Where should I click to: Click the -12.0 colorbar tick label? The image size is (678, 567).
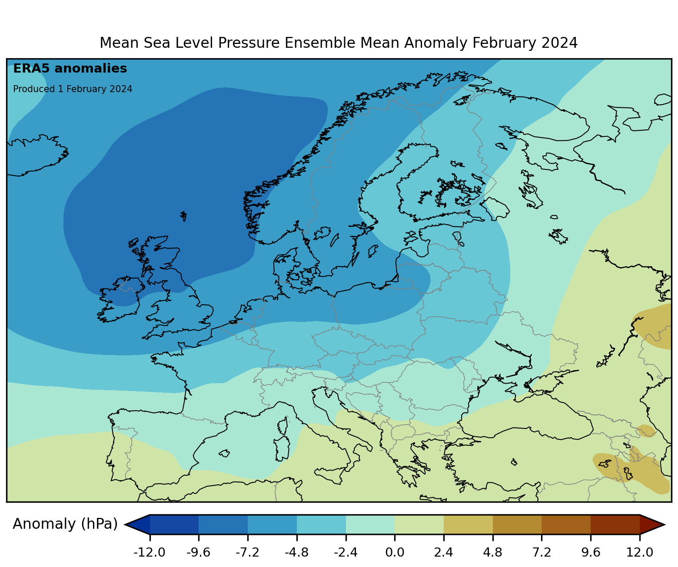coord(150,552)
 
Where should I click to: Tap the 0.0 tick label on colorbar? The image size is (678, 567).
coord(395,552)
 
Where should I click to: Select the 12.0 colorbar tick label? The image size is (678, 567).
coord(640,552)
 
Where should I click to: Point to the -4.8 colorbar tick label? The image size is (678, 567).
coord(296,552)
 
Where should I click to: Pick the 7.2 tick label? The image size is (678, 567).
coord(542,552)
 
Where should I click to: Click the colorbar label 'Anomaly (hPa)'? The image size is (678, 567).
coord(65,524)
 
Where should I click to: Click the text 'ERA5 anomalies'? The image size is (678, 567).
coord(70,69)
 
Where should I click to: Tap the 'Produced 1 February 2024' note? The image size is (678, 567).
coord(73,89)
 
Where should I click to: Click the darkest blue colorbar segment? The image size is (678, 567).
coord(174,524)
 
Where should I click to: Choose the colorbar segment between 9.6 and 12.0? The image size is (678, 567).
coord(615,524)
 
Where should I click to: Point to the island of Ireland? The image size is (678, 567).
coord(120,300)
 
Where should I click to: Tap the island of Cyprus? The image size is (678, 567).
coord(514,462)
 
